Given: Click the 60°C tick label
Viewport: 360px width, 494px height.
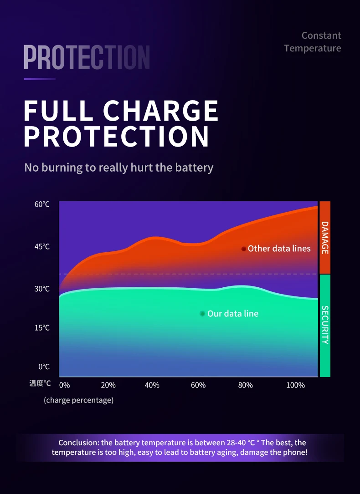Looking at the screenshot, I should (x=42, y=204).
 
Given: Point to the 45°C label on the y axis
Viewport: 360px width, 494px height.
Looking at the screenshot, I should (x=42, y=247).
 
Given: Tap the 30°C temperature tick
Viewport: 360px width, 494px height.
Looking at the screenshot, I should (x=42, y=289).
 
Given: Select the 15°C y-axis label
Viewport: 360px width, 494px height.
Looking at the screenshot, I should (x=42, y=328).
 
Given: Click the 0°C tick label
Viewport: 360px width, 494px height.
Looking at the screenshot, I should (x=44, y=367).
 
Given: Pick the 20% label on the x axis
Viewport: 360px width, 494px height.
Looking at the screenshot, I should (x=108, y=385).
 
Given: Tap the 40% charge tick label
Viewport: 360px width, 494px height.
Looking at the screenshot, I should (x=152, y=385).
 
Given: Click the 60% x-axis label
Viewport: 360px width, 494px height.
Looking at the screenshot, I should (x=198, y=385).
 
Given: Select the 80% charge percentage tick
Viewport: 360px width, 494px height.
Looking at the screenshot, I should (x=245, y=385).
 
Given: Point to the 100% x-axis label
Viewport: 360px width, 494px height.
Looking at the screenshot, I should (x=295, y=385).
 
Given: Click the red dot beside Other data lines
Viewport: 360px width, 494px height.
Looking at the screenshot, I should (x=244, y=249).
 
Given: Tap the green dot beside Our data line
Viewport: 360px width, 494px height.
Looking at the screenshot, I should (x=202, y=314).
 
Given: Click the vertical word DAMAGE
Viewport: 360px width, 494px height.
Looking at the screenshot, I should (x=325, y=237).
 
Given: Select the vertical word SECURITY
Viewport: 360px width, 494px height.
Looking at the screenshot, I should (x=325, y=325).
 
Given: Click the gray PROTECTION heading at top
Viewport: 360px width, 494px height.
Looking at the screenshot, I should (x=87, y=57).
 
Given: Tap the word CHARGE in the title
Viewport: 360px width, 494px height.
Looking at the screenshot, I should (x=161, y=111).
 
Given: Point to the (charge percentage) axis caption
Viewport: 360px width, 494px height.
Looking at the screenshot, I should (x=79, y=400).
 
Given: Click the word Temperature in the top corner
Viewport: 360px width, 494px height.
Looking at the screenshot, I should (x=313, y=48).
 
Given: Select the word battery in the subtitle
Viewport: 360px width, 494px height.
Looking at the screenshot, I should (x=194, y=168).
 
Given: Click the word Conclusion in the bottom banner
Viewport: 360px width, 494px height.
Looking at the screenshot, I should (x=78, y=443).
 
